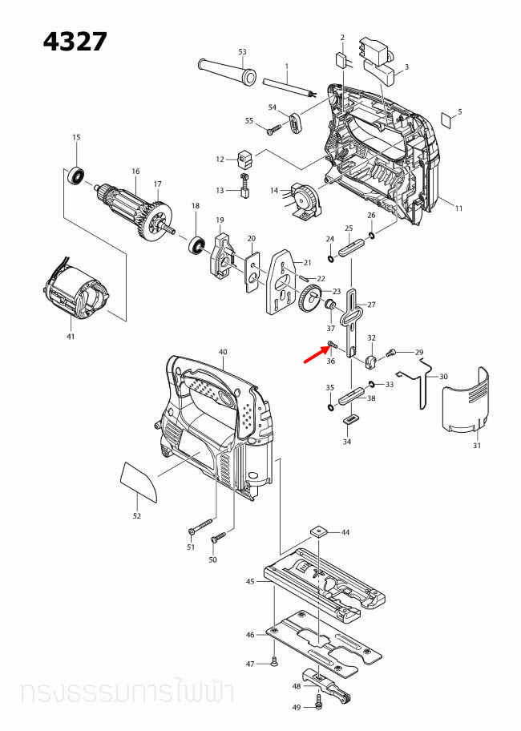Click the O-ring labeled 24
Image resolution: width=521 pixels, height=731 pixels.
[330, 259]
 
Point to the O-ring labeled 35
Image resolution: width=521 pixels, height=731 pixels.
[330, 407]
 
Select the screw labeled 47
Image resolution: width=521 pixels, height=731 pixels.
[273, 661]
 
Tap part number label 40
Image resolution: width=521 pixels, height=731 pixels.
[223, 352]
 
